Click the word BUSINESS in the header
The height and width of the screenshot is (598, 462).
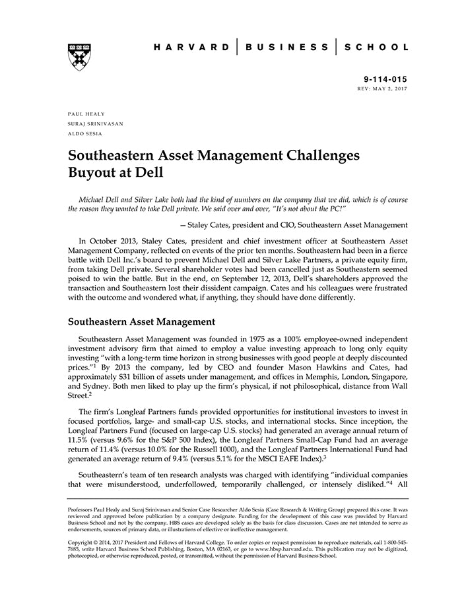coord(284,48)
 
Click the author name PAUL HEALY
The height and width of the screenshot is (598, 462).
coord(86,114)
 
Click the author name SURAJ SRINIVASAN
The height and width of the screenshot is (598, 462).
coord(95,123)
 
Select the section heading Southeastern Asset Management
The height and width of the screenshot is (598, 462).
coord(141,322)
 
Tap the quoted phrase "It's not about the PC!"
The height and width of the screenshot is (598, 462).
coord(303,209)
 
